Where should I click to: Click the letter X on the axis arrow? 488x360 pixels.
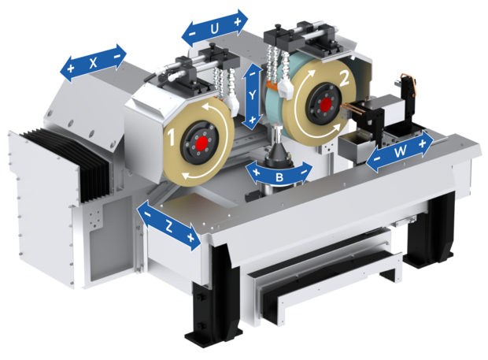point(93,63)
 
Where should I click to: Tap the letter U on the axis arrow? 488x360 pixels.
point(214,29)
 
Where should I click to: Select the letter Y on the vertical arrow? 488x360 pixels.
point(253,95)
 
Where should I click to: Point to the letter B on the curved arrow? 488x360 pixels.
point(279,177)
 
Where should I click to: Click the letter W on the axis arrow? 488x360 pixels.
point(400,152)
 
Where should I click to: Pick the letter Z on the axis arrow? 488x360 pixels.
point(168,226)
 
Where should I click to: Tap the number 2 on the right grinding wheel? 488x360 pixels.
point(345,78)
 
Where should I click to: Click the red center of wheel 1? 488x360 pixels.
point(202,143)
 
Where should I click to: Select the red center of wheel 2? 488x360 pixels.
point(326,103)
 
